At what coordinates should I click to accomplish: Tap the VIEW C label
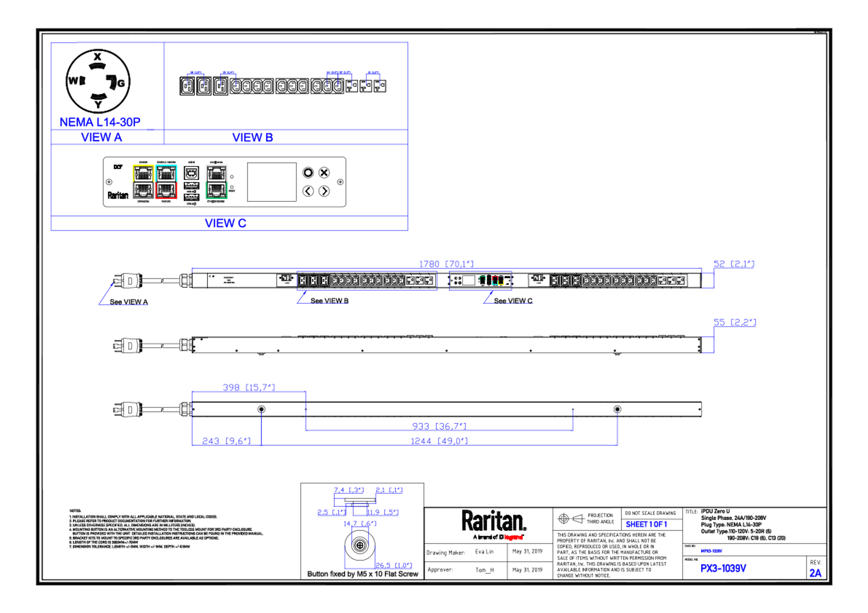tap(226, 223)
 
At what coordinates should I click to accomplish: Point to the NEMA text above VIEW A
tap(99, 122)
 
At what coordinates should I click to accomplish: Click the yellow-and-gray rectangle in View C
tap(143, 182)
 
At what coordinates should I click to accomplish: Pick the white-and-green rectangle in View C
tap(216, 182)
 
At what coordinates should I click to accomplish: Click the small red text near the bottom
tap(513, 537)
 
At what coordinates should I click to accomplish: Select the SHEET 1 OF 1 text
tap(646, 525)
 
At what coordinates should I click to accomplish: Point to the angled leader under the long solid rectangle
tap(302, 297)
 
